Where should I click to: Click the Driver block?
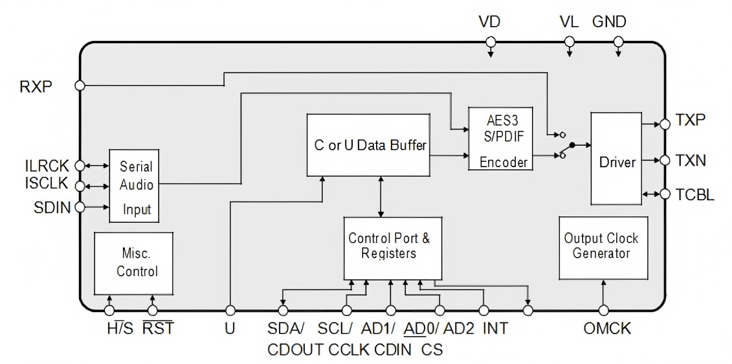tap(616, 158)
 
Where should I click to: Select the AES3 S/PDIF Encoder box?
tap(500, 139)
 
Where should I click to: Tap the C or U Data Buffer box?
tap(368, 145)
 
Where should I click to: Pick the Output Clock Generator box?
tap(603, 247)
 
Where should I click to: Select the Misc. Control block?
tap(133, 263)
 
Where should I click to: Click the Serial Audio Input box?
tap(134, 186)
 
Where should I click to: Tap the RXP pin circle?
tap(80, 85)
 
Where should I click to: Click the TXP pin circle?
tap(665, 124)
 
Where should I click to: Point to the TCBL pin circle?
tap(665, 194)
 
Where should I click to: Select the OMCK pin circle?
tap(604, 310)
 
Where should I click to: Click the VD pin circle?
tap(490, 42)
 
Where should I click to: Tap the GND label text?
tap(609, 22)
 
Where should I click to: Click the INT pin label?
tap(495, 328)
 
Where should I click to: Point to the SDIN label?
tap(52, 207)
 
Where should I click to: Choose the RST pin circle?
tap(152, 310)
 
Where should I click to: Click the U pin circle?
tap(230, 310)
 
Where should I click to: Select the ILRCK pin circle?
tap(80, 166)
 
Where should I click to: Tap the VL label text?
tap(569, 22)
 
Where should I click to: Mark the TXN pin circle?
tap(665, 160)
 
